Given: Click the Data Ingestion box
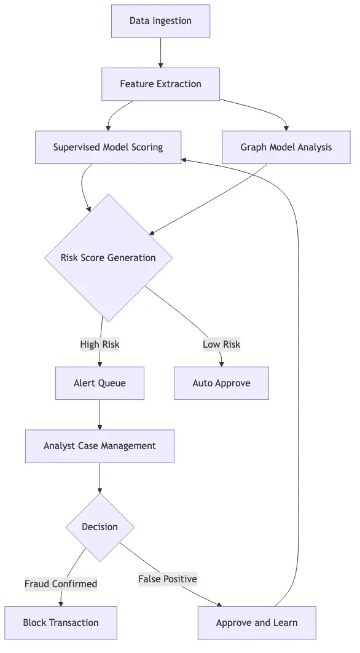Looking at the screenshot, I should (x=160, y=21).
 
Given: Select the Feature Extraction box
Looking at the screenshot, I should (x=160, y=84).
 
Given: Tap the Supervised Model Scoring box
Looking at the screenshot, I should (x=108, y=147).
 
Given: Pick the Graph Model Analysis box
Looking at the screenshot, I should (x=286, y=147).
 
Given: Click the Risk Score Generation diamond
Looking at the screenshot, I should (x=108, y=258).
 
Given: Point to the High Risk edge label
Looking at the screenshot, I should (x=100, y=345).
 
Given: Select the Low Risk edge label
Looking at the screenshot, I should (x=221, y=345).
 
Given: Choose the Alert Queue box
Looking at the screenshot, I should (x=100, y=383).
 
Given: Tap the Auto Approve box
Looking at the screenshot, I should (x=221, y=383).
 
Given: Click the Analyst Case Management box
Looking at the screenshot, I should (x=100, y=446).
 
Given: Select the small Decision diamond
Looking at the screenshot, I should (x=100, y=527).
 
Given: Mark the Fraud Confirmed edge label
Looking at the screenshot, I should (x=61, y=584).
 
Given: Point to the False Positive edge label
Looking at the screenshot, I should (x=167, y=579).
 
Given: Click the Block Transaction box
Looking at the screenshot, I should (x=61, y=623).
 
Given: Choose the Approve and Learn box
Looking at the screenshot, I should (x=257, y=623).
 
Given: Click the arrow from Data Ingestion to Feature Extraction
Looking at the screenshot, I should (x=160, y=52).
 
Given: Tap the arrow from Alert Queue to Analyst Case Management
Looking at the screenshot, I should (x=100, y=415).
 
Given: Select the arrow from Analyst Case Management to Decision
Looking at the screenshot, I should (x=100, y=478).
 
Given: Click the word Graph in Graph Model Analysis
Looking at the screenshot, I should (x=254, y=147).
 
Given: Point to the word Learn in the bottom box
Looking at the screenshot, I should (x=284, y=623).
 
